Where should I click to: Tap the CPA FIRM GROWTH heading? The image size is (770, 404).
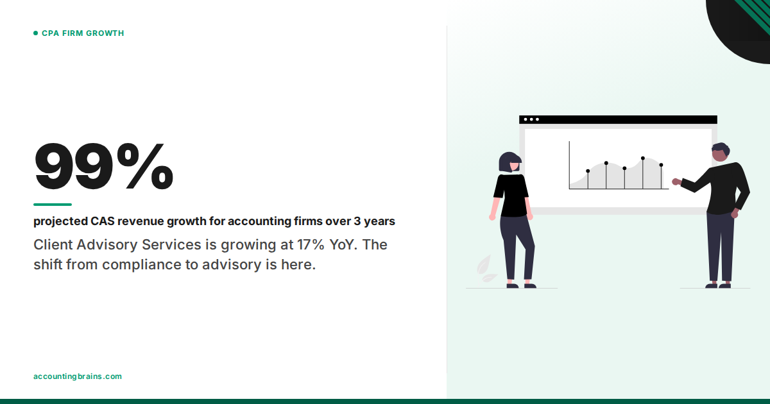83,33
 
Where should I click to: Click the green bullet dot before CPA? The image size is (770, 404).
36,33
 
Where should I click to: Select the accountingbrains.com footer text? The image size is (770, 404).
77,376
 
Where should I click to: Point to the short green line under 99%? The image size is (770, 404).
53,205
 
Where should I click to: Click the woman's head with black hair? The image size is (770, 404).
509,162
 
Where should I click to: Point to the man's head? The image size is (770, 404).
721,153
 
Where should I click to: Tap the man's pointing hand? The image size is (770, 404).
676,181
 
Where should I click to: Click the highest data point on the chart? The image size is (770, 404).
642,158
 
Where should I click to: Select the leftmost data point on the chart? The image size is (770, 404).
588,171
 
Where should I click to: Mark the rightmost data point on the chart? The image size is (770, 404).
661,165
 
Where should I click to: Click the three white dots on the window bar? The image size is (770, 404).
531,119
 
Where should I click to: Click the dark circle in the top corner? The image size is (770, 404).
744,26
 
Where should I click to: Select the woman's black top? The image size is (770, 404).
511,195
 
